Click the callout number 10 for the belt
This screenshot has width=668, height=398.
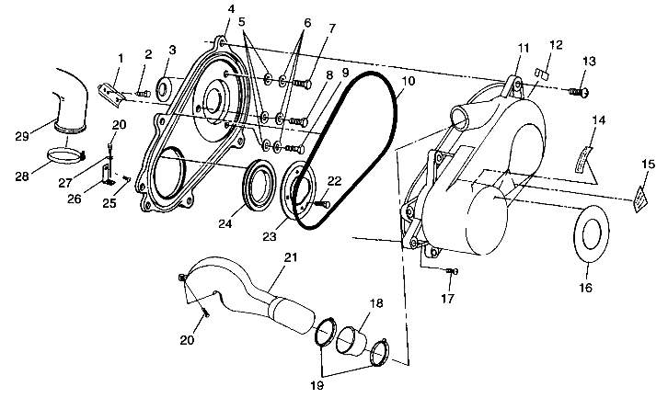click(x=409, y=82)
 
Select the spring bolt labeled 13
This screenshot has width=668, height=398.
click(x=580, y=92)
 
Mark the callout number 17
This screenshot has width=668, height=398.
click(x=448, y=299)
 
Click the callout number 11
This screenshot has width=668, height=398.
click(x=523, y=47)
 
